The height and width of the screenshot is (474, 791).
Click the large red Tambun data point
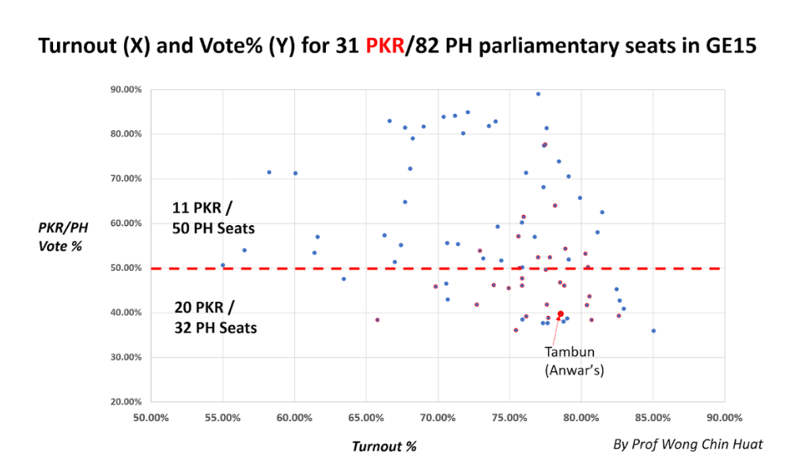click(561, 314)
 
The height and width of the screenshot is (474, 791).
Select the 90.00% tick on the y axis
click(126, 89)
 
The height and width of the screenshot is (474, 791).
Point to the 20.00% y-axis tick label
click(126, 401)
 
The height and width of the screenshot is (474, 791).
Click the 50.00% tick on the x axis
click(150, 417)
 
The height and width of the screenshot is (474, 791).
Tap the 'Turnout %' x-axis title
click(384, 446)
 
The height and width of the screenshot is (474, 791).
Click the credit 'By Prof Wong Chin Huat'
click(688, 444)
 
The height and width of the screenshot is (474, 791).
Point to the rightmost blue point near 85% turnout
click(653, 331)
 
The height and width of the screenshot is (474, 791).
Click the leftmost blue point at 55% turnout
click(223, 265)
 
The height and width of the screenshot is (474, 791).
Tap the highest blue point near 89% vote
click(538, 94)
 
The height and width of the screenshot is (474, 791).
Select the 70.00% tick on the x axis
click(437, 417)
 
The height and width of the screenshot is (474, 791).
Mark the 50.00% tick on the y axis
click(126, 268)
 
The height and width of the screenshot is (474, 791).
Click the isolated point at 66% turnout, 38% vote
click(377, 320)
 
